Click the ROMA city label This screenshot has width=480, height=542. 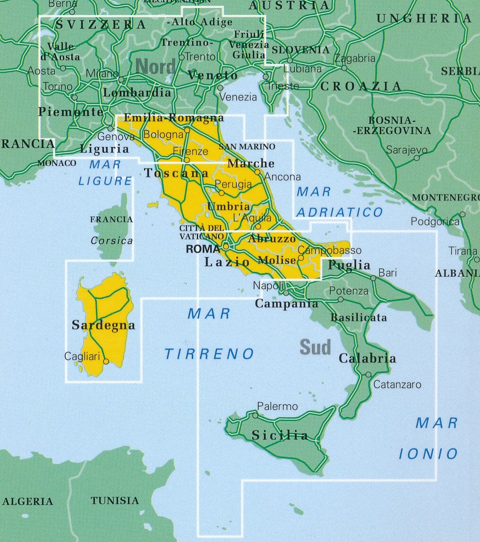click(x=203, y=249)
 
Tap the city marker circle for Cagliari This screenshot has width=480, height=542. click(x=106, y=362)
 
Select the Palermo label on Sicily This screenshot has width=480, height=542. click(x=277, y=406)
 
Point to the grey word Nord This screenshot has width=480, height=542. click(x=155, y=67)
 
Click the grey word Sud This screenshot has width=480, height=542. click(x=315, y=347)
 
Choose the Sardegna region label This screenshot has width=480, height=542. click(x=103, y=325)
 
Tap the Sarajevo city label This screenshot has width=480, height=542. click(x=406, y=150)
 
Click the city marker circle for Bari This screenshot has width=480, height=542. click(x=373, y=278)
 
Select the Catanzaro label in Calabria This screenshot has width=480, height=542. click(x=397, y=385)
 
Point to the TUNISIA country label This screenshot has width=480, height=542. click(x=115, y=500)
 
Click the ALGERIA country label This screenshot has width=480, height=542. click(x=27, y=501)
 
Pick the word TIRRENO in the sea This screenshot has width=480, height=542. click(x=209, y=354)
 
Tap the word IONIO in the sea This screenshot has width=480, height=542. click(x=429, y=454)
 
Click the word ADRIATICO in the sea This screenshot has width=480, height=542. click(x=340, y=212)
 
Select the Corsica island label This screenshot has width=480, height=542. click(x=112, y=240)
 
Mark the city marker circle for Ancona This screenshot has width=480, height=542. click(x=257, y=172)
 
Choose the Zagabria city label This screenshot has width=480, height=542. click(x=355, y=59)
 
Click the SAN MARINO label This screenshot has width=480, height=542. click(x=247, y=147)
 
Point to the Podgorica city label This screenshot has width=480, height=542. click(x=435, y=221)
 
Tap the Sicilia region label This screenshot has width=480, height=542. click(x=280, y=435)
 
